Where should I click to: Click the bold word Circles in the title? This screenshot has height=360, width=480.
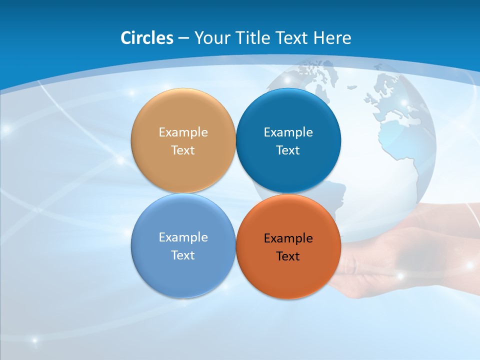(x=146, y=38)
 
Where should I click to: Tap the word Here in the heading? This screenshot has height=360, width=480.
(x=332, y=38)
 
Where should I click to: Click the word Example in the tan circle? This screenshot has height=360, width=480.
(x=183, y=132)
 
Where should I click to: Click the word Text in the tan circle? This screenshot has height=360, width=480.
(x=183, y=150)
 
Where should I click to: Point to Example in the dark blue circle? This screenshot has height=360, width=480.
(x=288, y=132)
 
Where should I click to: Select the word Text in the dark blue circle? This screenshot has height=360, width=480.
(x=288, y=150)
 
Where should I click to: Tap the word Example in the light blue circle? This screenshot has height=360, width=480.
(x=183, y=237)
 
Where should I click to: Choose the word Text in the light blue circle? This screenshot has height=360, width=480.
(x=183, y=255)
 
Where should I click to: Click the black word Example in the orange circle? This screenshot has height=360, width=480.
(x=288, y=238)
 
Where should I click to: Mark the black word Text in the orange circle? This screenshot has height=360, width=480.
(x=288, y=256)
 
